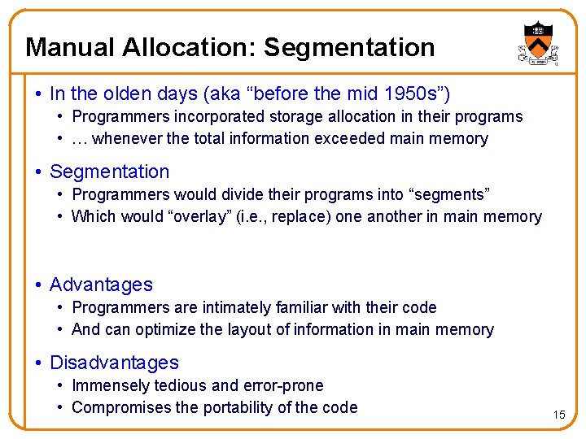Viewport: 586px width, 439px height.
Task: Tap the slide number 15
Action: point(558,415)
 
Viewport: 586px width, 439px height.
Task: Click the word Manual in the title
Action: point(70,47)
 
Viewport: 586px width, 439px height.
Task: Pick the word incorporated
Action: point(212,116)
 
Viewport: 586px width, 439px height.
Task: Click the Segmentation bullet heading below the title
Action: point(109,172)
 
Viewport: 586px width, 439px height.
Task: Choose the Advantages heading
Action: point(101,285)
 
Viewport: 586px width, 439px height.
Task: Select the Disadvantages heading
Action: point(114,363)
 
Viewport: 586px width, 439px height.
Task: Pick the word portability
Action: point(232,407)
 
